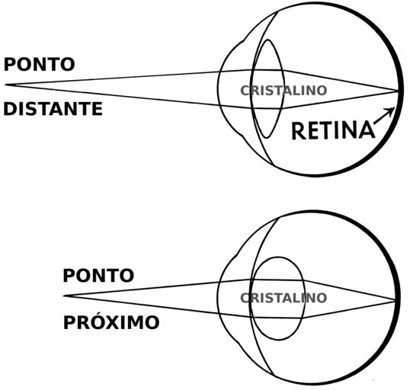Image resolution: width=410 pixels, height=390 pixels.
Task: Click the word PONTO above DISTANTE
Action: point(40,64)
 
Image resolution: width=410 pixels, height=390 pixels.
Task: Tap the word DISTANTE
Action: point(53,109)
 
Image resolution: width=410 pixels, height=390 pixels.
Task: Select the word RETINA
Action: point(333,130)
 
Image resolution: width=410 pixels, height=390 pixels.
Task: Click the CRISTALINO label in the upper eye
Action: point(283,91)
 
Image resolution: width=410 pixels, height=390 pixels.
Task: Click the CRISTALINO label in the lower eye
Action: point(283,298)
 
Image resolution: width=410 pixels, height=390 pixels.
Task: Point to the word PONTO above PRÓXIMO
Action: point(98,275)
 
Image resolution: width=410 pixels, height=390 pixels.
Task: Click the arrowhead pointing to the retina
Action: point(391,111)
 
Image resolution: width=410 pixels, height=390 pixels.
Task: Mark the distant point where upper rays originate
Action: point(6,85)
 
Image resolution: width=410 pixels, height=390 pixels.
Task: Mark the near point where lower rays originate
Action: point(64,296)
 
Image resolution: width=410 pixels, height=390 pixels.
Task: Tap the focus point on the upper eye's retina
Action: point(398,91)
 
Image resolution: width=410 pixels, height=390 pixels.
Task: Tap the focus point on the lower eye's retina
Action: point(395,301)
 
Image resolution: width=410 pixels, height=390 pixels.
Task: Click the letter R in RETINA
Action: point(297,131)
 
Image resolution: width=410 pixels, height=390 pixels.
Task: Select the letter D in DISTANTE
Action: point(9,109)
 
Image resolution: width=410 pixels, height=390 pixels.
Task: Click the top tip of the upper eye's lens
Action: point(268,40)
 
